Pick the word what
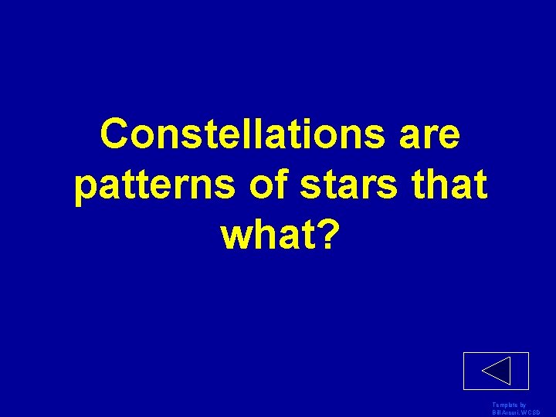(269, 237)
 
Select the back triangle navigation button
(496, 371)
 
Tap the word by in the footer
(523, 405)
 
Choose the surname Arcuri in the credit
(517, 412)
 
